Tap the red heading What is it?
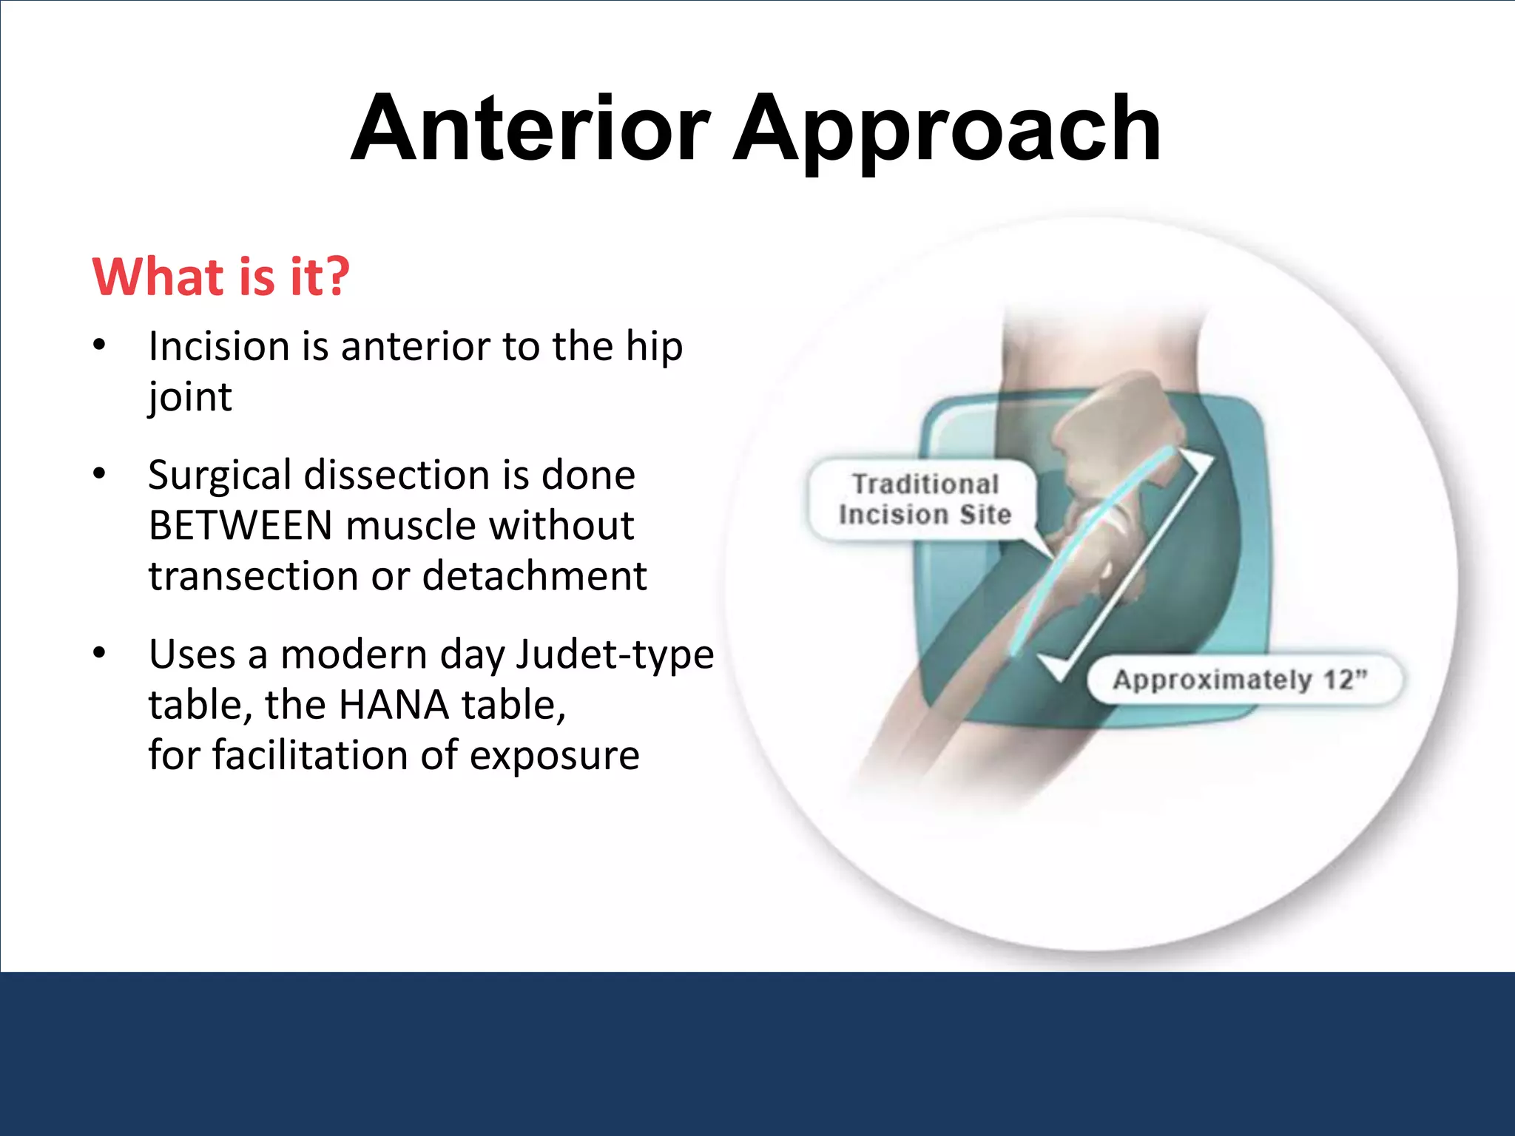point(220,277)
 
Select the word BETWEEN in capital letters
point(240,526)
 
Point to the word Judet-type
point(615,655)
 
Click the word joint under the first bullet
point(190,398)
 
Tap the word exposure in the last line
point(554,756)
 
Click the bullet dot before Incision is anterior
point(100,346)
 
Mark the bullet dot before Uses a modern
point(100,654)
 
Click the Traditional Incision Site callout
point(924,500)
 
